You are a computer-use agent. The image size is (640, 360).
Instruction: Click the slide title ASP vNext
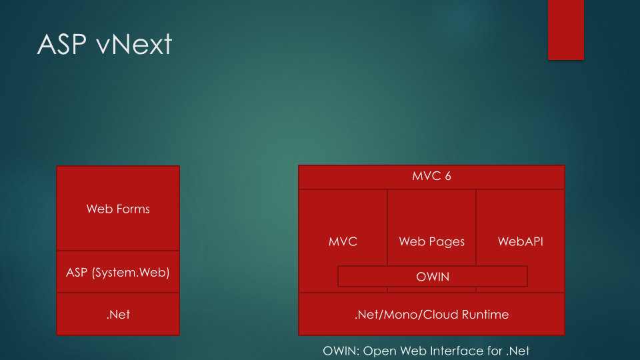pyautogui.click(x=105, y=45)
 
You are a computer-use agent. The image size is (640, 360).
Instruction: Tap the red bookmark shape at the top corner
pyautogui.click(x=565, y=30)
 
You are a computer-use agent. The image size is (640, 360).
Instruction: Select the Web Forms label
pyautogui.click(x=118, y=209)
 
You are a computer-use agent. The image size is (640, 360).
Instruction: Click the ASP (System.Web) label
pyautogui.click(x=118, y=272)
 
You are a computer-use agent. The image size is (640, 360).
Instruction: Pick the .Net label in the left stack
pyautogui.click(x=118, y=314)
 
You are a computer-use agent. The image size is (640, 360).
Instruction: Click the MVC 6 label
pyautogui.click(x=432, y=177)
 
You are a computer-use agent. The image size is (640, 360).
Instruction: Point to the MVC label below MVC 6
pyautogui.click(x=343, y=241)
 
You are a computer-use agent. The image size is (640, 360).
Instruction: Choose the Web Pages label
pyautogui.click(x=431, y=241)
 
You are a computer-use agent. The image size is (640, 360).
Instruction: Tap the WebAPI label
pyautogui.click(x=520, y=241)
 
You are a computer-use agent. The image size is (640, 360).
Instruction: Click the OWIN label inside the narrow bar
pyautogui.click(x=433, y=277)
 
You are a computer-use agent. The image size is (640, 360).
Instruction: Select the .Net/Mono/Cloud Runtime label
pyautogui.click(x=431, y=314)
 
